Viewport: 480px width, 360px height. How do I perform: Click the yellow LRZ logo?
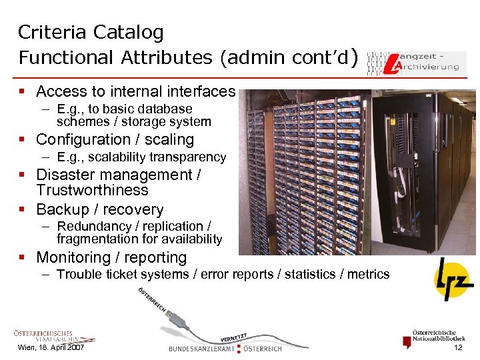(x=453, y=279)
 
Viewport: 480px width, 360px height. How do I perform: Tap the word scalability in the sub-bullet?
(x=115, y=157)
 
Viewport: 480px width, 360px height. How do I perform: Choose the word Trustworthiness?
(x=92, y=191)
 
